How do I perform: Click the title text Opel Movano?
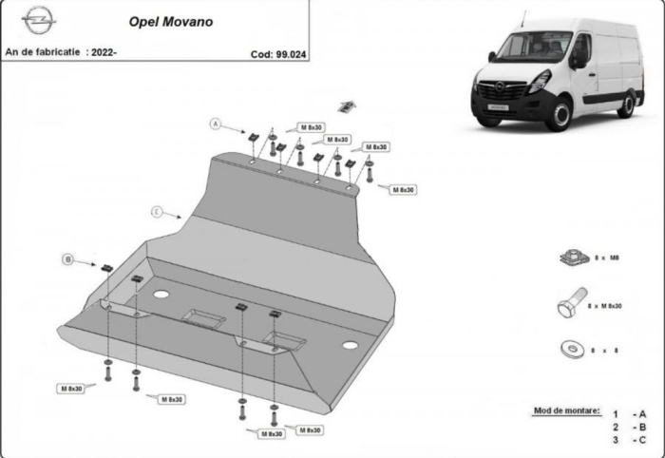pos(171,20)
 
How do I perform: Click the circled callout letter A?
pos(216,124)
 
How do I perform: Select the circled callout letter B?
pos(67,258)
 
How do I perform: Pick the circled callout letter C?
pos(157,210)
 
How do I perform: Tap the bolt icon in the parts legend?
pos(571,305)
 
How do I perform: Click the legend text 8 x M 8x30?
pos(604,306)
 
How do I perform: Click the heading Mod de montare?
pos(567,410)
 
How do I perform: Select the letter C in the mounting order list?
pos(642,440)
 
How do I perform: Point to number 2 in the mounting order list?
pos(616,427)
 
